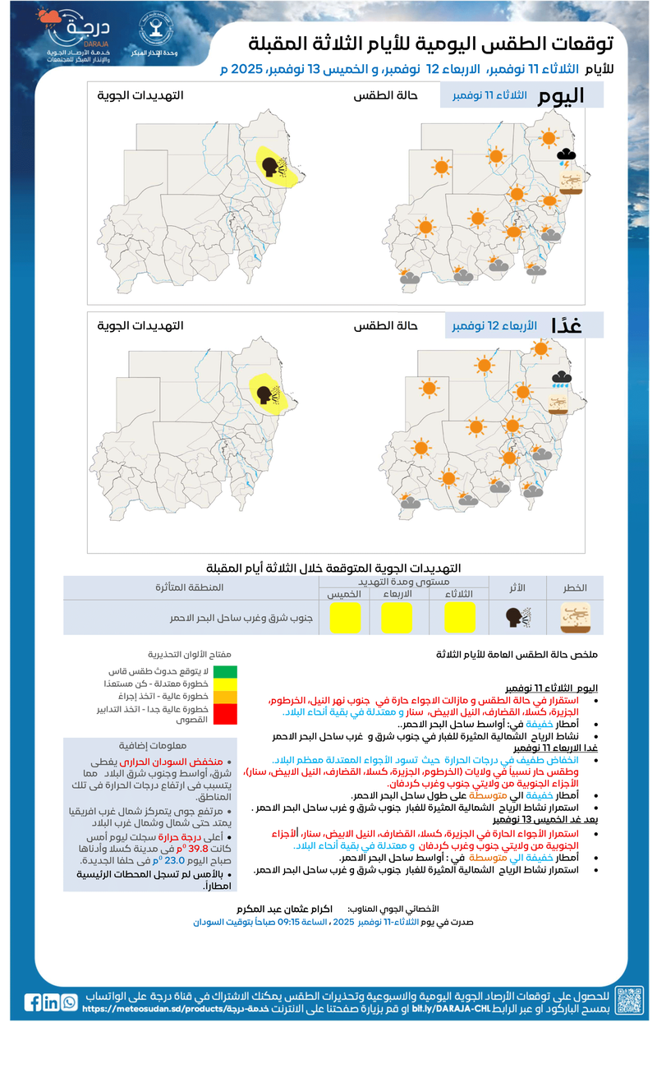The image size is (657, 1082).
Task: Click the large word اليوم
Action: pyautogui.click(x=562, y=95)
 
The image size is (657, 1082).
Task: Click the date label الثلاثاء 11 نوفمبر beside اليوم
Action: pyautogui.click(x=490, y=96)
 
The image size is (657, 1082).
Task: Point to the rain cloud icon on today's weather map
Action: pyautogui.click(x=567, y=155)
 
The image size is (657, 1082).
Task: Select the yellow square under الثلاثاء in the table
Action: pyautogui.click(x=459, y=618)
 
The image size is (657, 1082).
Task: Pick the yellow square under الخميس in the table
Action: pyautogui.click(x=345, y=618)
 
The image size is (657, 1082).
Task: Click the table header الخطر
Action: pyautogui.click(x=574, y=588)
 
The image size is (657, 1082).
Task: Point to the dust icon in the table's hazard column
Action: pyautogui.click(x=574, y=618)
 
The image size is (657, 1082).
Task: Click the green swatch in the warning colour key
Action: pyautogui.click(x=224, y=672)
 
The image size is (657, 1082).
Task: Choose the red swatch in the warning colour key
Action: pyautogui.click(x=224, y=712)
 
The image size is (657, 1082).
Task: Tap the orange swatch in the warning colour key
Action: pyautogui.click(x=224, y=697)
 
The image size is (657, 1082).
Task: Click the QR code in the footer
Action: pyautogui.click(x=629, y=1001)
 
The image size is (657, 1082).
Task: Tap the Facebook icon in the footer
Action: pyautogui.click(x=33, y=1002)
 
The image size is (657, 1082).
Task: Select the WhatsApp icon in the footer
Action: pyautogui.click(x=70, y=1002)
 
